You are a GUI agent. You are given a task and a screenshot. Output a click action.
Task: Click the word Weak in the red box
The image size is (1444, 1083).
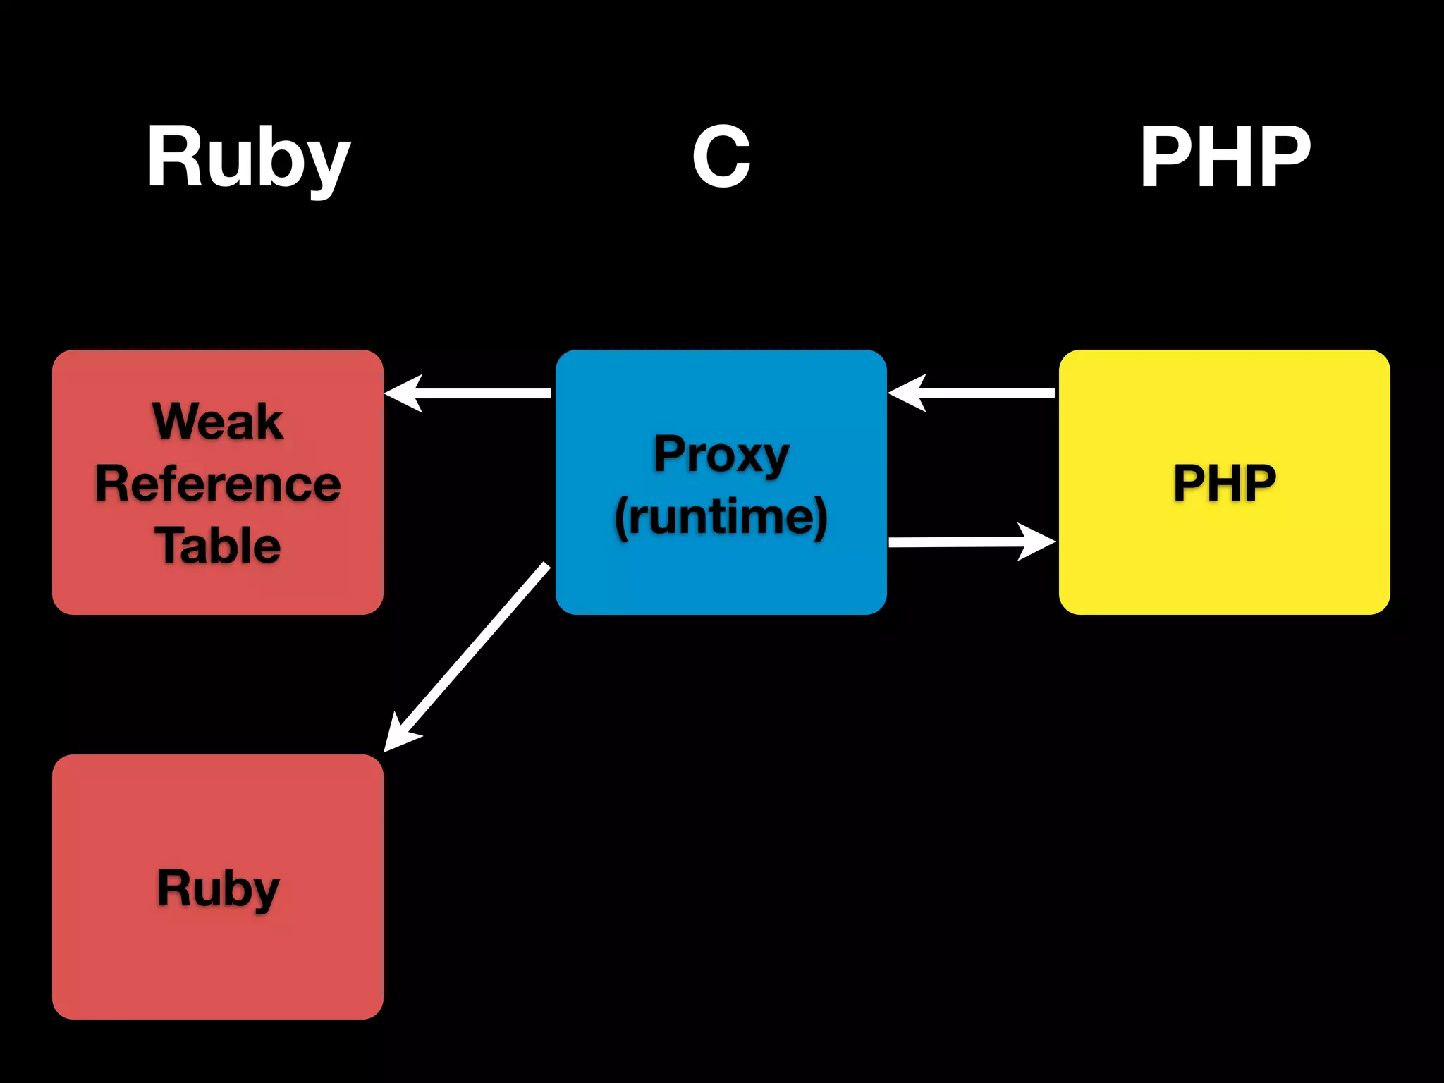[x=218, y=422]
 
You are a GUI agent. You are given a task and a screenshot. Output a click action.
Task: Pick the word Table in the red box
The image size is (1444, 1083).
[x=218, y=546]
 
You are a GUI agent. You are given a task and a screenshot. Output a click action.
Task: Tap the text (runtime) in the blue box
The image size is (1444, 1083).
[x=721, y=517]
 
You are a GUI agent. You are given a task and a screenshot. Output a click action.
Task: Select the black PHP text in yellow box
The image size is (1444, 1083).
[x=1225, y=483]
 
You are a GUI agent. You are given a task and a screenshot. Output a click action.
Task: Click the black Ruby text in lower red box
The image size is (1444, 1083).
[x=218, y=888]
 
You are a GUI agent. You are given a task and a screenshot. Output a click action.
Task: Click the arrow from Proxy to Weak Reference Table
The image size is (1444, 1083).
[x=479, y=393]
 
